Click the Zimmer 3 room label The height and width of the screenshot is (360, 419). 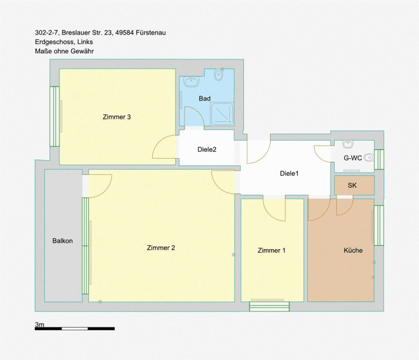tap(117, 117)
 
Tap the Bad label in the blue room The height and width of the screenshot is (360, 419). tap(205, 99)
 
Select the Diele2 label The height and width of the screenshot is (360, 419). tap(207, 149)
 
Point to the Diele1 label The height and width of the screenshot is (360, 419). tap(289, 173)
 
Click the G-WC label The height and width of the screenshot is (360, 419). tap(353, 158)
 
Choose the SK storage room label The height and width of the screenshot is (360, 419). tap(352, 185)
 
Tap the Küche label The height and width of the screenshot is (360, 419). tap(353, 251)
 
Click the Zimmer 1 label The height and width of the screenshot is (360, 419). tap(271, 251)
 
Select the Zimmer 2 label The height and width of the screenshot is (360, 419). tap(161, 248)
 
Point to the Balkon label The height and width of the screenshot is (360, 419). tap(62, 241)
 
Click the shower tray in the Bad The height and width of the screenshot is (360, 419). tap(222, 114)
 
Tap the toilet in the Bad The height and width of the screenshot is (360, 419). tap(219, 75)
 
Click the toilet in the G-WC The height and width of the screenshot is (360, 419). tap(369, 158)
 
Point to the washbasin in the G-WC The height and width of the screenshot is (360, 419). tap(348, 144)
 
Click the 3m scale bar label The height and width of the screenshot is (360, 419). tap(40, 325)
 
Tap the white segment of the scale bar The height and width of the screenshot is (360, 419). tap(75, 329)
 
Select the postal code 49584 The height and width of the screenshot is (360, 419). tap(124, 33)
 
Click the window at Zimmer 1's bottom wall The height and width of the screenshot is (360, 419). tap(270, 307)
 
